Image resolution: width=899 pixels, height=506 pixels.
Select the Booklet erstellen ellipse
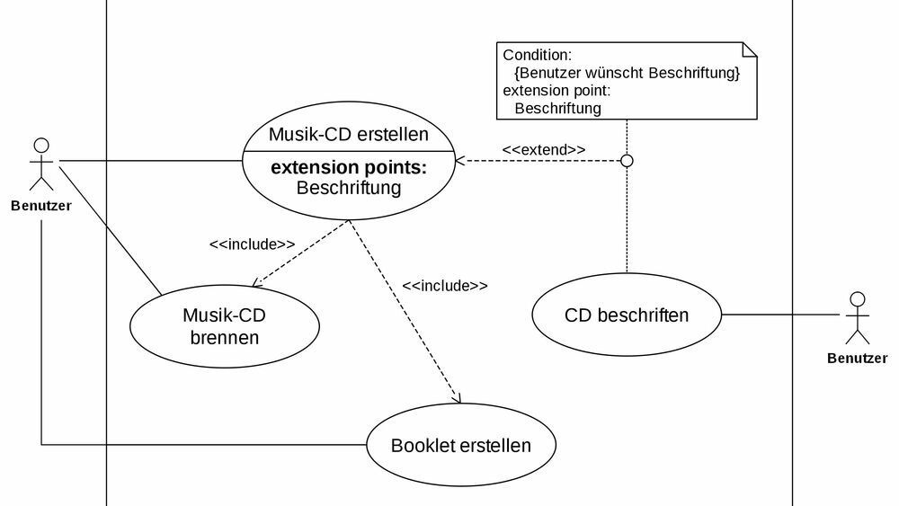pos(460,445)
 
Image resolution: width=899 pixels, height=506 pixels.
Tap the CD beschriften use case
pos(627,315)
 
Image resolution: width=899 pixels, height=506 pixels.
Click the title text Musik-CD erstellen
pos(349,136)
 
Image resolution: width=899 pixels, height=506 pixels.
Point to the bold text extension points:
pos(349,168)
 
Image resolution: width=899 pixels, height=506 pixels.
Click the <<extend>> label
pos(544,149)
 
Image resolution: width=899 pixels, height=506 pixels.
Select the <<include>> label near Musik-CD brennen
pos(252,244)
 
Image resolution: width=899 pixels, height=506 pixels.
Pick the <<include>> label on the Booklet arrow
pos(445,286)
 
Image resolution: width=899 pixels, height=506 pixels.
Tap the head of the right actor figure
pos(858,298)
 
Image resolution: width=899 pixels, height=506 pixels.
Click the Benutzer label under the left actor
pos(41,205)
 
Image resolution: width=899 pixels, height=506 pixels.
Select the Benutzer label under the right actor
pos(858,359)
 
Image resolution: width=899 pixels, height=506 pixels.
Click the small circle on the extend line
pos(628,161)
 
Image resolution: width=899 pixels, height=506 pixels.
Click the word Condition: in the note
pos(537,55)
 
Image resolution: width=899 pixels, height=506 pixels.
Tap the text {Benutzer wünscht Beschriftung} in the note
pos(627,73)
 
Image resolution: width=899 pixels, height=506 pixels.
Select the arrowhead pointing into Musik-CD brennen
pos(257,282)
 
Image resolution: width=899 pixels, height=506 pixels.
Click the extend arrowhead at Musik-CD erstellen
pos(459,161)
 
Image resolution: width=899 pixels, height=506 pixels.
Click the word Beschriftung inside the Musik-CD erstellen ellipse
pos(349,188)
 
